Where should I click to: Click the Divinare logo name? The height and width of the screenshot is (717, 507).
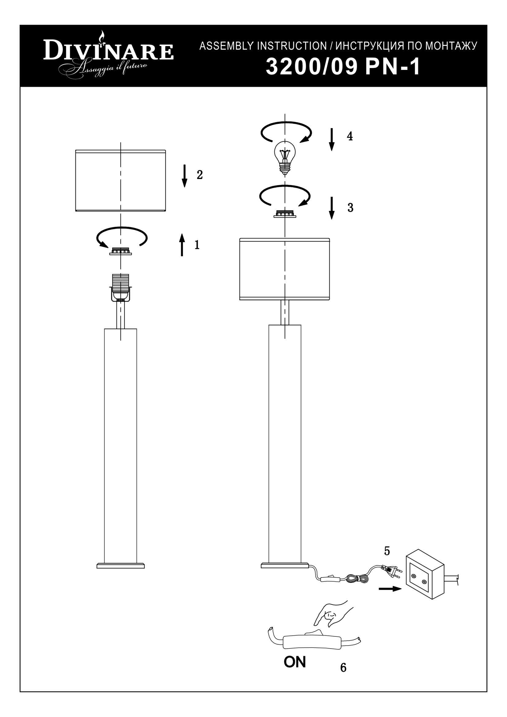(108, 51)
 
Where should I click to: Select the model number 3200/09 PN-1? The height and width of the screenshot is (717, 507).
(343, 67)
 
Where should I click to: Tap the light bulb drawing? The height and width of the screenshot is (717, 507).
(284, 157)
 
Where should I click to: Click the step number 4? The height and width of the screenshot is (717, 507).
(350, 136)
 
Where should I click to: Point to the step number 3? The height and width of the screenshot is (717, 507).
(350, 207)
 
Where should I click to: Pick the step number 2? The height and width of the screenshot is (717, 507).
(200, 175)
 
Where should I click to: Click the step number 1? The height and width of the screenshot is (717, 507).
(197, 245)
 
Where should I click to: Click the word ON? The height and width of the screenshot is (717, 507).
(294, 662)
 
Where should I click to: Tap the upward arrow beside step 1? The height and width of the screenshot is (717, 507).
(182, 245)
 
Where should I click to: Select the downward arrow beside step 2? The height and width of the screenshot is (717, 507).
(185, 176)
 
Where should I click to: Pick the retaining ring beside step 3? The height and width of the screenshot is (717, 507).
(285, 213)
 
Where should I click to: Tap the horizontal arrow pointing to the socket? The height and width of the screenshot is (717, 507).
(390, 589)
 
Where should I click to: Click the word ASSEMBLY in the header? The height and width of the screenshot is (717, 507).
(226, 46)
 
